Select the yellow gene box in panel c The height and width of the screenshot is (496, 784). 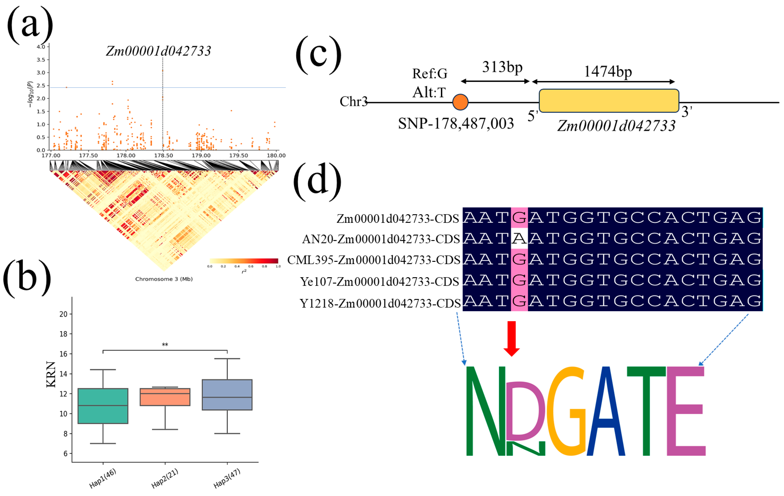(609, 101)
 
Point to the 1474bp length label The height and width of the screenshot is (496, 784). (608, 72)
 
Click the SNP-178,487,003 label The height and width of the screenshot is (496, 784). (456, 124)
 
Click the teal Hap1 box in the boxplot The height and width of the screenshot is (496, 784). (103, 406)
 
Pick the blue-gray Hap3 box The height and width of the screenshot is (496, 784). (227, 394)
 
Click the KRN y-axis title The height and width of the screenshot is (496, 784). (51, 374)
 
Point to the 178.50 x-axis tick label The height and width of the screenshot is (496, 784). (163, 156)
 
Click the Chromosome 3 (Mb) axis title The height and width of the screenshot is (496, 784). (164, 279)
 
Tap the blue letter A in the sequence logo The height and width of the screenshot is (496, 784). (606, 412)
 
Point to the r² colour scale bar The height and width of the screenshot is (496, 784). (244, 261)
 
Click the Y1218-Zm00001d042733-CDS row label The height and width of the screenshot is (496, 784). (380, 303)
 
